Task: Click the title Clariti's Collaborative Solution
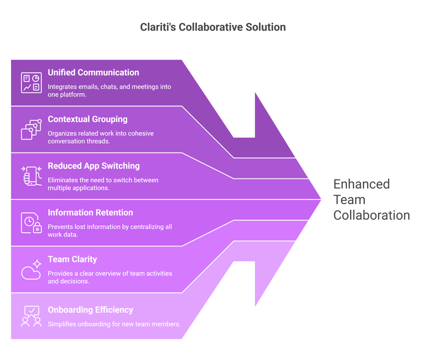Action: [x=213, y=27]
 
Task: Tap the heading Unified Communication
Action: [x=93, y=72]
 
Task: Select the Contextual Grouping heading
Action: [x=88, y=119]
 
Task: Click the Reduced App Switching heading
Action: [x=93, y=166]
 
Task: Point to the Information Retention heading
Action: [x=90, y=213]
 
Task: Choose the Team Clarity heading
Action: [x=72, y=259]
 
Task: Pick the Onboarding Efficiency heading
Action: [x=90, y=310]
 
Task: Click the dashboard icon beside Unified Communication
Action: [x=31, y=82]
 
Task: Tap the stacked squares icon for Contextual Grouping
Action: [x=31, y=129]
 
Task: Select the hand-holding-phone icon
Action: [x=31, y=176]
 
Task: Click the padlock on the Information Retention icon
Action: [x=37, y=228]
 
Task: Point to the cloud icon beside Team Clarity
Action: [x=31, y=273]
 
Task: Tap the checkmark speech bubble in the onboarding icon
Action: [x=32, y=311]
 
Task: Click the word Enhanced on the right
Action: [x=362, y=184]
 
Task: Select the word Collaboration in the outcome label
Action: [x=372, y=215]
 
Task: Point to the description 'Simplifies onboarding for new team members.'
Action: [x=114, y=324]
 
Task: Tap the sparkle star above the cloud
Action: [x=37, y=263]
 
